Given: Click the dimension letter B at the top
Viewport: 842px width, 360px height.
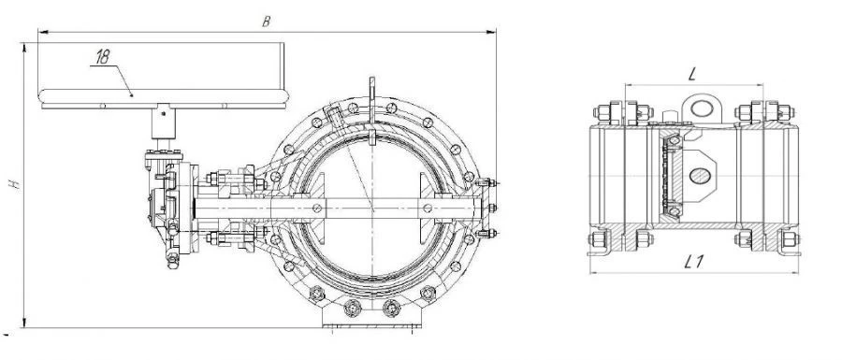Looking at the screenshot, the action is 266,22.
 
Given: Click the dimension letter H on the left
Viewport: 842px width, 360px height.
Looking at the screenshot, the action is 16,183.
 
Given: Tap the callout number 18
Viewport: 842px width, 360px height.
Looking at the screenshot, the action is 102,57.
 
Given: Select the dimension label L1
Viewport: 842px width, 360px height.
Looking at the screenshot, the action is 694,262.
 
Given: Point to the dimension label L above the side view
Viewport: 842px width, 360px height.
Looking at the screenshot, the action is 691,75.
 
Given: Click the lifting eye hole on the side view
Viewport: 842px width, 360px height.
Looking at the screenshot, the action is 702,108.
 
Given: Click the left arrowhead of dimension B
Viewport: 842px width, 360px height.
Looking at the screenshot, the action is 42,32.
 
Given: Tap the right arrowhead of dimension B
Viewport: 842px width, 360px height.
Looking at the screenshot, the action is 491,32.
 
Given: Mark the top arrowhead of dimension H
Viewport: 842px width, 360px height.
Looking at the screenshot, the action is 24,47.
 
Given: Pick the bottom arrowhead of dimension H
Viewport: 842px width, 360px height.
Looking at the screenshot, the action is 24,323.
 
